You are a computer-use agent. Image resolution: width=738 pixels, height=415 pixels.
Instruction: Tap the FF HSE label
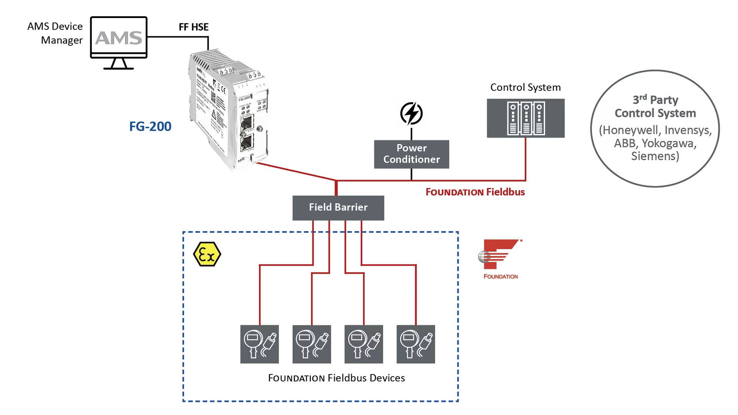click(193, 27)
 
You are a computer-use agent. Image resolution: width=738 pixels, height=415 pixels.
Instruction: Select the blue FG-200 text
click(150, 126)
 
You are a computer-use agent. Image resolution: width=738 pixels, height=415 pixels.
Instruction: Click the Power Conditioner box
click(411, 154)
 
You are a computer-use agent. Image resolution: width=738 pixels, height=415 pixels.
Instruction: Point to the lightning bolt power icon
click(411, 114)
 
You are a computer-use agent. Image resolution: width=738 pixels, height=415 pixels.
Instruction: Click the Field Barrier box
click(338, 207)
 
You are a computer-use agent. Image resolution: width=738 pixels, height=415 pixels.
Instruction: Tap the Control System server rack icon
click(525, 118)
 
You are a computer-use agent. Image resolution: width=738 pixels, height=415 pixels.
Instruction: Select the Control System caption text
click(525, 87)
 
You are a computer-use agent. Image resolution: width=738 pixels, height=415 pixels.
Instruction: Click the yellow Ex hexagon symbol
click(207, 254)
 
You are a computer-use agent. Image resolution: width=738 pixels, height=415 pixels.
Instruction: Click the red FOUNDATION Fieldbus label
click(475, 192)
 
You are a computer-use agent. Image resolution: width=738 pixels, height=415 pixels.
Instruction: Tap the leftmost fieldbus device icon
click(259, 344)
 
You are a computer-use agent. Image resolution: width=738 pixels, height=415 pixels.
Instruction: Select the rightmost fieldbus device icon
click(416, 344)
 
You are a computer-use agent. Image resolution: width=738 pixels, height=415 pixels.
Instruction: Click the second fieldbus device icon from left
click(311, 344)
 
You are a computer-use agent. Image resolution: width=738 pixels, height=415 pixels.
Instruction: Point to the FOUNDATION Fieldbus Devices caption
click(336, 378)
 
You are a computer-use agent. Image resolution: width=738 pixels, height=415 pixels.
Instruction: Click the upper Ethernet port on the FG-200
click(246, 123)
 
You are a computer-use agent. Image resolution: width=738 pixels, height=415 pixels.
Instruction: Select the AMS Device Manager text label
click(56, 33)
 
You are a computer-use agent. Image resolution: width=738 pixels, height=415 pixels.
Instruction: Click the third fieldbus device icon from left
click(364, 344)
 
